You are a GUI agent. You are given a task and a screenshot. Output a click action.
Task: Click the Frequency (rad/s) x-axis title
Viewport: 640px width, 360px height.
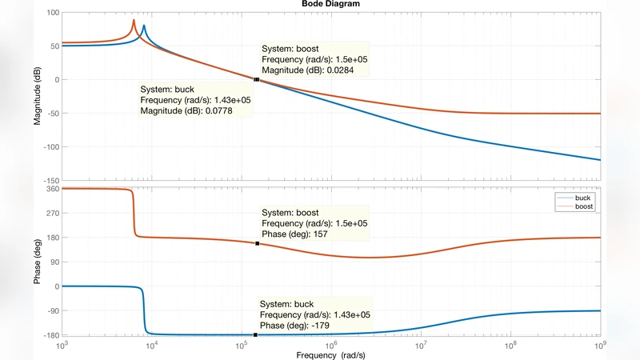point(330,354)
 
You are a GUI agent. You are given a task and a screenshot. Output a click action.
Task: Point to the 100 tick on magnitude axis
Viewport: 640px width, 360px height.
point(50,13)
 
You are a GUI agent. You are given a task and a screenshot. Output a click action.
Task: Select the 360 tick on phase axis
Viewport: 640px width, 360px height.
point(50,189)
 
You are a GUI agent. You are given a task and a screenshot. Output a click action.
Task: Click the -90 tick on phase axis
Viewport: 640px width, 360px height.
point(50,310)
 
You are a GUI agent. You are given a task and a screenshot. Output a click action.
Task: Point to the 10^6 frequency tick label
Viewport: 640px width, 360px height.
point(330,345)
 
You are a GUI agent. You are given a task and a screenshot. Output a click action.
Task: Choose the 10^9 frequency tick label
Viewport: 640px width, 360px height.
point(600,345)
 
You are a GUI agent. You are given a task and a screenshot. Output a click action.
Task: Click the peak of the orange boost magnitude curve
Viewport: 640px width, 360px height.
point(134,20)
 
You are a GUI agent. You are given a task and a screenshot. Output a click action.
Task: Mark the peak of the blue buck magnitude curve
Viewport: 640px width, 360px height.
point(144,26)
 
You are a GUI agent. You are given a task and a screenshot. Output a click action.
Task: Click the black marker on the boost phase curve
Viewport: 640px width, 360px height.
point(257,243)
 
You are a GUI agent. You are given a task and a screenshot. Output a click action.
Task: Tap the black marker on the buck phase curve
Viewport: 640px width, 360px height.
point(255,334)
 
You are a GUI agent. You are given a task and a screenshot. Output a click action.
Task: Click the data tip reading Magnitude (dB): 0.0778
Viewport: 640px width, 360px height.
point(195,100)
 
